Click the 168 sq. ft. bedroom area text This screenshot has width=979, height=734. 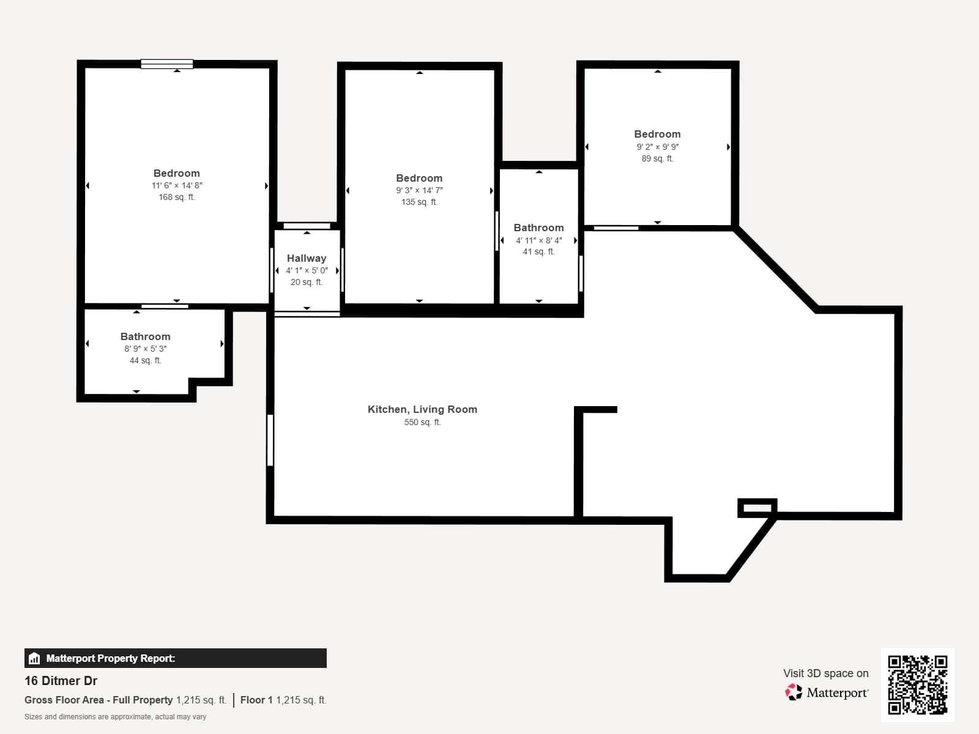(x=177, y=197)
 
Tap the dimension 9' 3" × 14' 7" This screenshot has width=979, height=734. (x=419, y=190)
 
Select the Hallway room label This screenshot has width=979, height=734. (x=307, y=258)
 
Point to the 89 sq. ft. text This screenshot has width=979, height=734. (x=657, y=158)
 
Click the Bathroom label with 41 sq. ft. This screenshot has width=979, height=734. (x=538, y=228)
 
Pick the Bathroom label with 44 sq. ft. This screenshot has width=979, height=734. (x=145, y=336)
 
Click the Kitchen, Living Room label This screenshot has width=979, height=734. (x=422, y=409)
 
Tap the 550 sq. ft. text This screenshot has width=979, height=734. (x=422, y=422)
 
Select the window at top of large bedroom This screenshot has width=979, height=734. (x=166, y=64)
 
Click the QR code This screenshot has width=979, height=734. (x=917, y=684)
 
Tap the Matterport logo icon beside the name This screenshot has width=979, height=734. (x=794, y=692)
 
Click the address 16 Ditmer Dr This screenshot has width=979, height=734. (x=61, y=681)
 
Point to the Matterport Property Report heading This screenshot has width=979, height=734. (x=110, y=658)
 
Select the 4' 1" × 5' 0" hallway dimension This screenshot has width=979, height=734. (x=307, y=270)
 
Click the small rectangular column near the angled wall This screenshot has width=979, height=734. (x=758, y=508)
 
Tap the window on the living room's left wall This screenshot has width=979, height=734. (x=270, y=440)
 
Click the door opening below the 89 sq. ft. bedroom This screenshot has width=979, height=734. (x=616, y=228)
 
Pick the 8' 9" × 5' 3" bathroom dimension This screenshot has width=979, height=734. (x=145, y=349)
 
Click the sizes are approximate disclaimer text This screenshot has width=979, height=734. (x=115, y=717)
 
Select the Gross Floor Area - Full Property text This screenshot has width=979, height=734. (x=99, y=700)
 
